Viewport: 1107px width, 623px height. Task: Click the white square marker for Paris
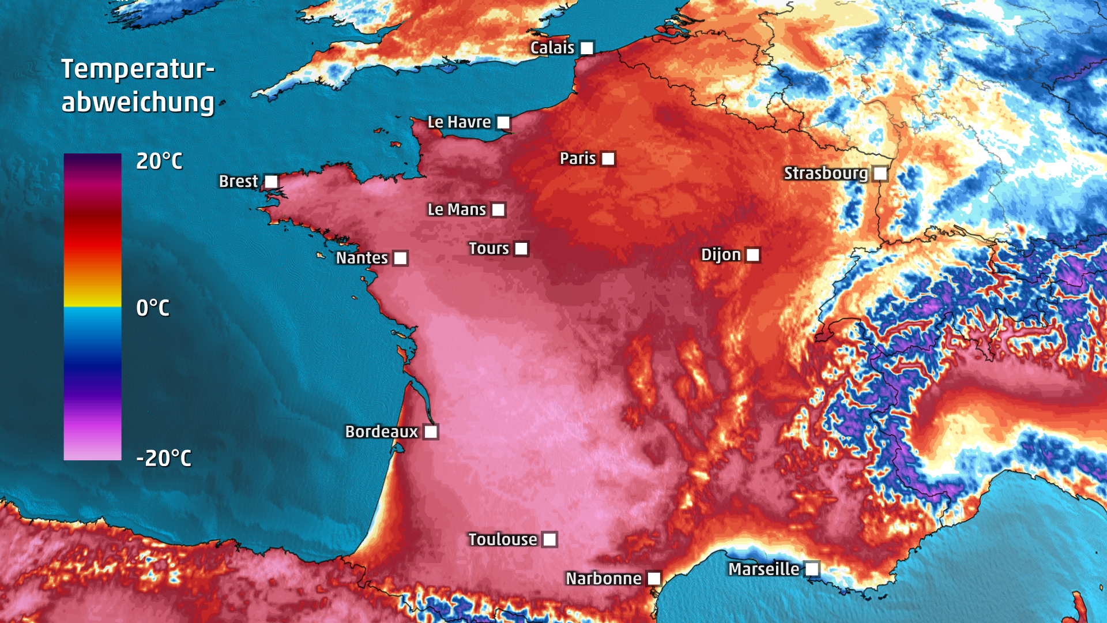(x=608, y=159)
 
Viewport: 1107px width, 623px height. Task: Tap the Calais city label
(x=552, y=48)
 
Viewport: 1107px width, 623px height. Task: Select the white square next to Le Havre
(x=503, y=122)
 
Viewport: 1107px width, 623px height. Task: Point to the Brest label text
(x=238, y=181)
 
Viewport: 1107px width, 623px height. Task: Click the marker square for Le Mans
(x=498, y=210)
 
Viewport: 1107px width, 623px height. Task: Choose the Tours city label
(x=488, y=249)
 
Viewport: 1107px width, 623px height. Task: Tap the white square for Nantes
(x=400, y=258)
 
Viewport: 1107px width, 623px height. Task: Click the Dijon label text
(x=720, y=255)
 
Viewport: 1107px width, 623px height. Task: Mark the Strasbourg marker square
(x=880, y=173)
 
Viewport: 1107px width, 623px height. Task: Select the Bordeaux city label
(x=381, y=431)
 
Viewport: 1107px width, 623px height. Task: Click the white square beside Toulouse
(x=549, y=539)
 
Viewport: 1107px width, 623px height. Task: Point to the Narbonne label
(x=603, y=579)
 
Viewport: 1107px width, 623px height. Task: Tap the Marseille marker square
(x=811, y=569)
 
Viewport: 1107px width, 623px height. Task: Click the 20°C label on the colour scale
(x=159, y=161)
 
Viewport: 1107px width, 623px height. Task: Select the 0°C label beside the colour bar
(x=153, y=308)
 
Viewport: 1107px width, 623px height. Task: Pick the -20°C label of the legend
(x=164, y=459)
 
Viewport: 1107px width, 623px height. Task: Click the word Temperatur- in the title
(x=138, y=69)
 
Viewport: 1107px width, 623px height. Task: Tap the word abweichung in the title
(x=138, y=103)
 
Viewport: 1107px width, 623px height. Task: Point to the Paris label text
(x=577, y=159)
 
